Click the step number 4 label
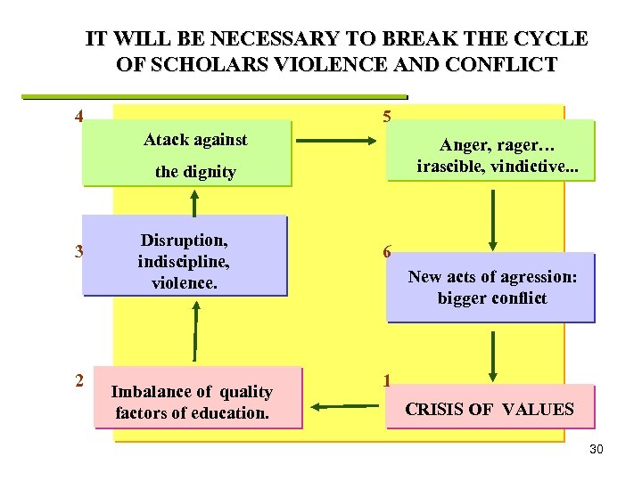click(x=80, y=116)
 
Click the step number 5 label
click(x=385, y=116)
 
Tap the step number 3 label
click(x=80, y=250)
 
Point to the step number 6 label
click(x=386, y=252)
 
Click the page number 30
click(x=597, y=449)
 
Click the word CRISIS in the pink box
click(x=433, y=410)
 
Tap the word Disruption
click(x=184, y=240)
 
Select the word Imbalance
click(x=149, y=392)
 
